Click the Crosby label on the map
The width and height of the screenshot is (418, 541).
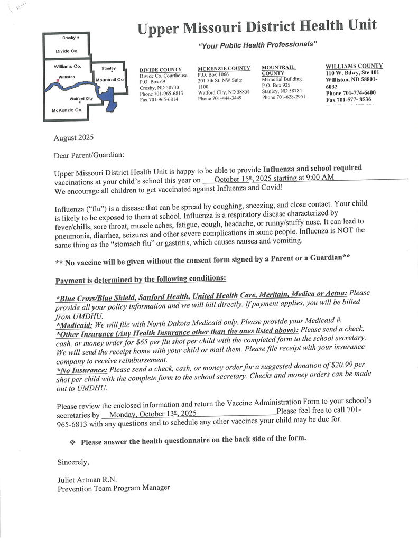(x=69, y=38)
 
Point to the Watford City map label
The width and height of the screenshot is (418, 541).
(x=81, y=99)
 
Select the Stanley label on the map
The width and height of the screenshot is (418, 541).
(x=108, y=68)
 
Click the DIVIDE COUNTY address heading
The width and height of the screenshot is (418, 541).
(x=161, y=70)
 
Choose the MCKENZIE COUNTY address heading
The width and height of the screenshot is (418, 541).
(x=224, y=69)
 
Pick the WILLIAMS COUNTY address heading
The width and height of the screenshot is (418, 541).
(x=354, y=66)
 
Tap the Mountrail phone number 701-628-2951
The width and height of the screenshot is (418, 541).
(x=283, y=97)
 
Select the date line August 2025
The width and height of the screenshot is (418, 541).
(x=73, y=138)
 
